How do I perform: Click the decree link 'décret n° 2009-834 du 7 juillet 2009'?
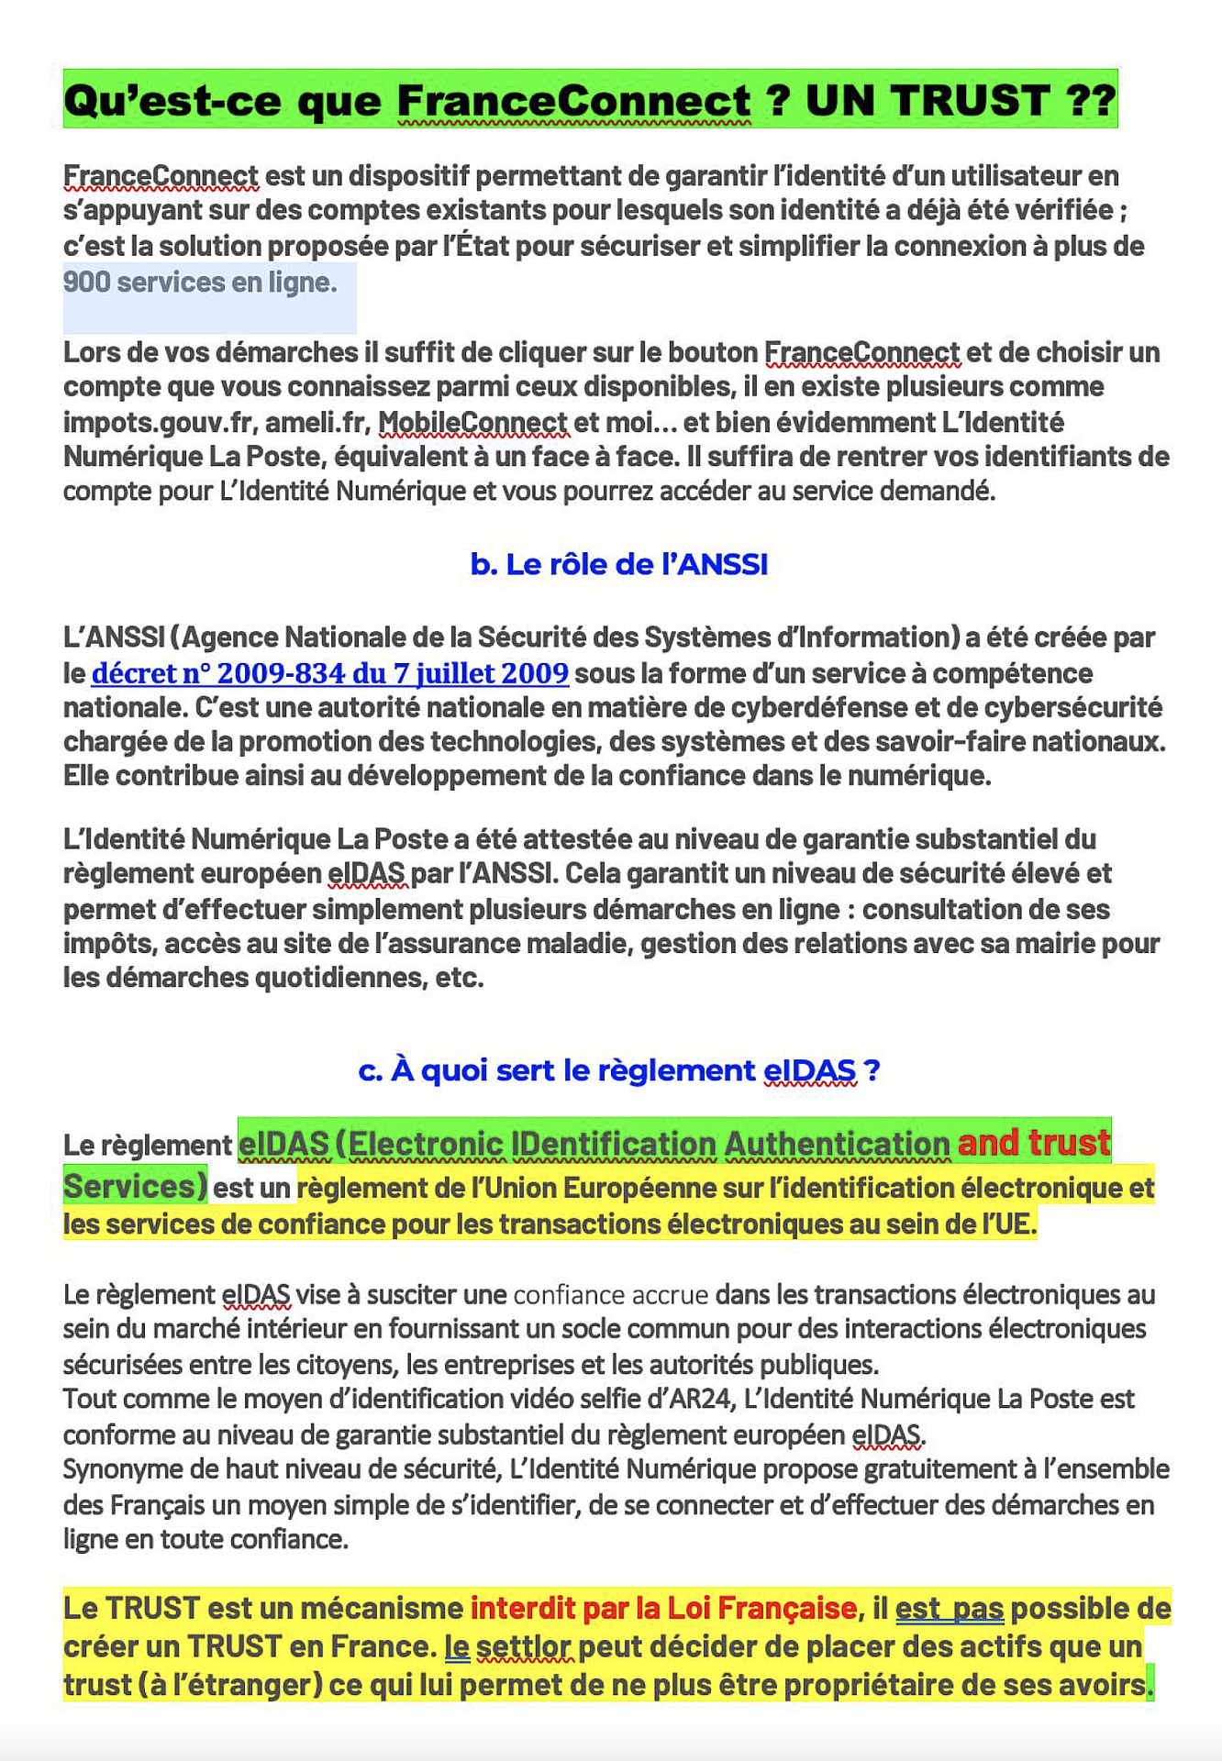tap(329, 673)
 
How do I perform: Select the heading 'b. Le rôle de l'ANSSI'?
tap(618, 564)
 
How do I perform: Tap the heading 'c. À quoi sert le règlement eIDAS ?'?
tap(618, 1070)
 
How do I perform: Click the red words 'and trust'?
tap(1034, 1143)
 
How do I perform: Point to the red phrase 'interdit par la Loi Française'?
tap(663, 1608)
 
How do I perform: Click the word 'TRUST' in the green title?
tap(928, 100)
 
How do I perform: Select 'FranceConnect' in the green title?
tap(573, 100)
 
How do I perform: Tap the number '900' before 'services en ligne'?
tap(86, 282)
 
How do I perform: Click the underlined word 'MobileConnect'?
tap(472, 422)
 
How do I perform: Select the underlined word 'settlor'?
tap(525, 1646)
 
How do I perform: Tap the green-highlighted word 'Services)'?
tap(135, 1186)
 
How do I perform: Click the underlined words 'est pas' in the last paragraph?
tap(949, 1608)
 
